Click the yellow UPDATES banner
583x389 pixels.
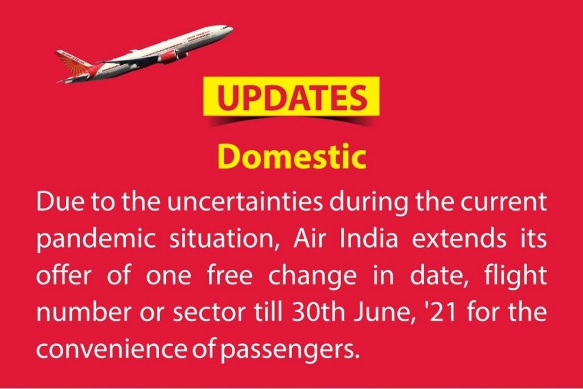point(291,96)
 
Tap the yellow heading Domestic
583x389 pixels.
point(291,157)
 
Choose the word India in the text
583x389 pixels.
point(368,239)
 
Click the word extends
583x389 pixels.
point(459,239)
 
